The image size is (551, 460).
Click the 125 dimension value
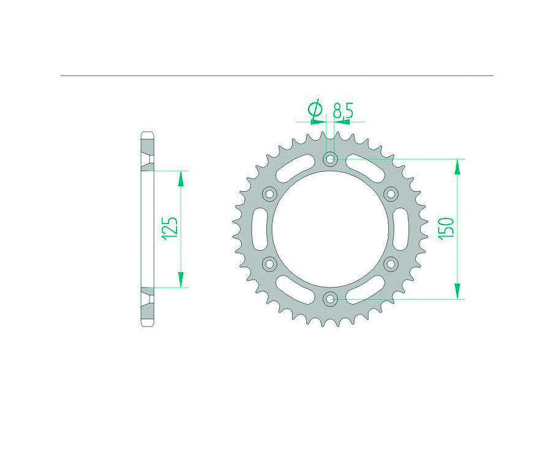(x=171, y=228)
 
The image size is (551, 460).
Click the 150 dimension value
(x=446, y=228)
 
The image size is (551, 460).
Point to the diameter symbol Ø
(x=315, y=111)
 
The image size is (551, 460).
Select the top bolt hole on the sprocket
(x=331, y=160)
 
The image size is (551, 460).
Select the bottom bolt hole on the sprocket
(x=331, y=299)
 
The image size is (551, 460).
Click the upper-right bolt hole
(x=391, y=194)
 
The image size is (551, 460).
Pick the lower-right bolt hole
(x=391, y=264)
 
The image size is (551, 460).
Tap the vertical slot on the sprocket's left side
(x=258, y=229)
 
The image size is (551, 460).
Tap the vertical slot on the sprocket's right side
(x=402, y=229)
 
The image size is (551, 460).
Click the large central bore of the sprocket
(x=331, y=229)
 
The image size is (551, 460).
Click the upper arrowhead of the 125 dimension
(x=181, y=178)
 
